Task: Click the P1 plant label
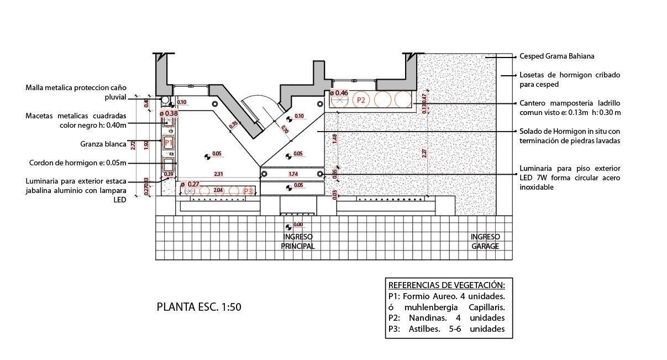169,142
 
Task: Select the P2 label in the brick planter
361,100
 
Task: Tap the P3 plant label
248,191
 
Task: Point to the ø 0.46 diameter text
339,93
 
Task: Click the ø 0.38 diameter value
169,113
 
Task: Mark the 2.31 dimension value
219,174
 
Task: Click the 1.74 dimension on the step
293,174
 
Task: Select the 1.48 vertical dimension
335,139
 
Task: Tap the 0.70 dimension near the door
285,131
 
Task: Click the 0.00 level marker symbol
288,227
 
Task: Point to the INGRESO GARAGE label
485,242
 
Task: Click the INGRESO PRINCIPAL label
298,242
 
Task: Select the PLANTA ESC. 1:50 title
199,307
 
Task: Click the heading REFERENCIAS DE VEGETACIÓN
446,285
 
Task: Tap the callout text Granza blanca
103,144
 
